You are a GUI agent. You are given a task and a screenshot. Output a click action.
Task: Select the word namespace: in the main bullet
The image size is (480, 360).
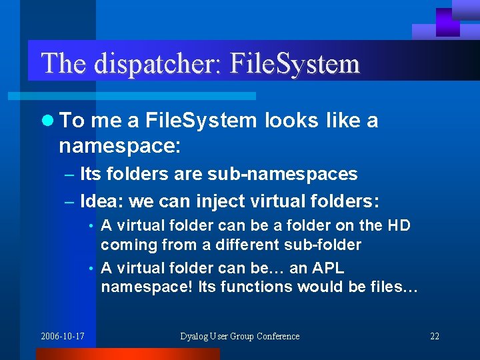click(x=120, y=145)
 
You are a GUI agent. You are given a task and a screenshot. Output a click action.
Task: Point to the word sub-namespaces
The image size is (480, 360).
click(x=283, y=175)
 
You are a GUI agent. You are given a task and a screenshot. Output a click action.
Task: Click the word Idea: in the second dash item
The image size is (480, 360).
click(x=101, y=201)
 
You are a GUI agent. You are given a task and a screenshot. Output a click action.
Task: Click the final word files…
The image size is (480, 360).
click(x=393, y=287)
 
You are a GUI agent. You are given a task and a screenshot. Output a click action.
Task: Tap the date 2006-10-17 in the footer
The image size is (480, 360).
click(x=63, y=336)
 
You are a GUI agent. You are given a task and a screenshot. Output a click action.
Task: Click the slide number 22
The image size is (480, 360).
click(x=435, y=336)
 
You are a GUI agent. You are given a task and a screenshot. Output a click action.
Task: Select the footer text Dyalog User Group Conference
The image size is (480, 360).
click(x=240, y=336)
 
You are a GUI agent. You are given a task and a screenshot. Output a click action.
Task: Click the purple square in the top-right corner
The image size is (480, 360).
click(x=448, y=21)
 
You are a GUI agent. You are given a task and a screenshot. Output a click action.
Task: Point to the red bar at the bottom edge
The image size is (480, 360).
click(x=127, y=354)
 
